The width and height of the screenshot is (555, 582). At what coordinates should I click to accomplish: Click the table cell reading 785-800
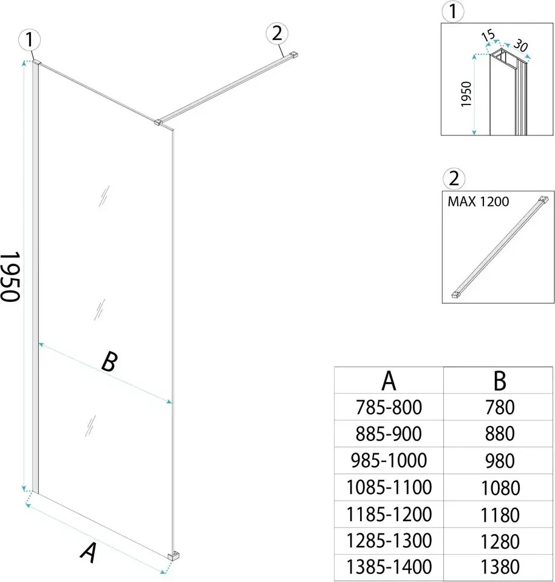[x=389, y=407]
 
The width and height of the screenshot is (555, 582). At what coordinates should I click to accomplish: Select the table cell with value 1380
[x=500, y=567]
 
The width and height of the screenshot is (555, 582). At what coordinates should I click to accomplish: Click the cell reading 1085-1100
[x=389, y=487]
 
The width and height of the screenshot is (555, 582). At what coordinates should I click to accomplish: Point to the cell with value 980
[x=500, y=460]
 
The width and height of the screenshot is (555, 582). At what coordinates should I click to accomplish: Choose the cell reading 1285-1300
[x=389, y=540]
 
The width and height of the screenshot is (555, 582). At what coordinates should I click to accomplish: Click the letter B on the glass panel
[x=108, y=363]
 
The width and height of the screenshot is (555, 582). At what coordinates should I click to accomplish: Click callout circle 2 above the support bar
[x=277, y=34]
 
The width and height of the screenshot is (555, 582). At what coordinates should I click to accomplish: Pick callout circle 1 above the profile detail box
[x=453, y=10]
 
